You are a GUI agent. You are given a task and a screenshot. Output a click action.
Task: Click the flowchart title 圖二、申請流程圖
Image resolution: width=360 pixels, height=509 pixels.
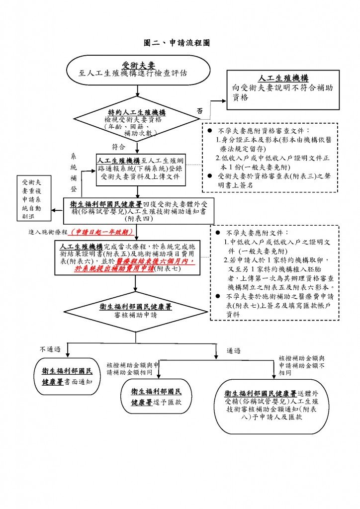177,43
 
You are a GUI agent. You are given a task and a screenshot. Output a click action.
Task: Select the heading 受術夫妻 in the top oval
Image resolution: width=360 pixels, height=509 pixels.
138,65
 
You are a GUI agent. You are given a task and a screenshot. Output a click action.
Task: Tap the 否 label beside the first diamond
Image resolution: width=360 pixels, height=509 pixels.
199,111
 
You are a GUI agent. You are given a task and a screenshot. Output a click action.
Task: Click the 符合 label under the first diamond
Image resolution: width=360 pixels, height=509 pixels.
118,147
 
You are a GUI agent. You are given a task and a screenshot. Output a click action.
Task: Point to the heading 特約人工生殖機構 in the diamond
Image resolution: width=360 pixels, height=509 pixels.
137,112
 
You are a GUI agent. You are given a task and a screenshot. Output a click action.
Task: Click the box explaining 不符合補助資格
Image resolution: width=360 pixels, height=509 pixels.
283,90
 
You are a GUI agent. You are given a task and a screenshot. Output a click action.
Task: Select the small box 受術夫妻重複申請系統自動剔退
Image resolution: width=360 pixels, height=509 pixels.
34,198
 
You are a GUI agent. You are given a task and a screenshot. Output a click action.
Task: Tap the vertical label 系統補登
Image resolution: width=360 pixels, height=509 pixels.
74,172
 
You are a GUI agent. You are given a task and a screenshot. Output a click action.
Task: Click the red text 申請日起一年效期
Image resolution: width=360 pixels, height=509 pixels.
102,232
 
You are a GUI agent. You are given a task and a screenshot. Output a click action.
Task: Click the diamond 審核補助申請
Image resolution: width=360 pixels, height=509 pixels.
136,311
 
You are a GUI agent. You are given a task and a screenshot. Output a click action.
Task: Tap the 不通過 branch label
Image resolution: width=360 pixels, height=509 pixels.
50,349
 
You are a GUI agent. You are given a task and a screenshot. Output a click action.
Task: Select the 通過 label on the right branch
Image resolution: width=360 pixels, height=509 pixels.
233,350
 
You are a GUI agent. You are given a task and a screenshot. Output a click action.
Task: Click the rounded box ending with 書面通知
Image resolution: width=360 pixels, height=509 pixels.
67,377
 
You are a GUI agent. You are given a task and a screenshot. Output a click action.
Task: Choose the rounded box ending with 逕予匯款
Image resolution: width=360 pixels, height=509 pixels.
156,396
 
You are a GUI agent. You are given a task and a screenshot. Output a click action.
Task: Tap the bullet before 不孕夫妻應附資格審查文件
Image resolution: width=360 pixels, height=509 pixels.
210,131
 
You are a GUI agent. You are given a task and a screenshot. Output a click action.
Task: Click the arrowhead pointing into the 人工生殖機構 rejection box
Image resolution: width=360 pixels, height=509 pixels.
224,101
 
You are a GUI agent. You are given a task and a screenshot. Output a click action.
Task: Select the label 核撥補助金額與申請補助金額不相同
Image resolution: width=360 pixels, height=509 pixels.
301,365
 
